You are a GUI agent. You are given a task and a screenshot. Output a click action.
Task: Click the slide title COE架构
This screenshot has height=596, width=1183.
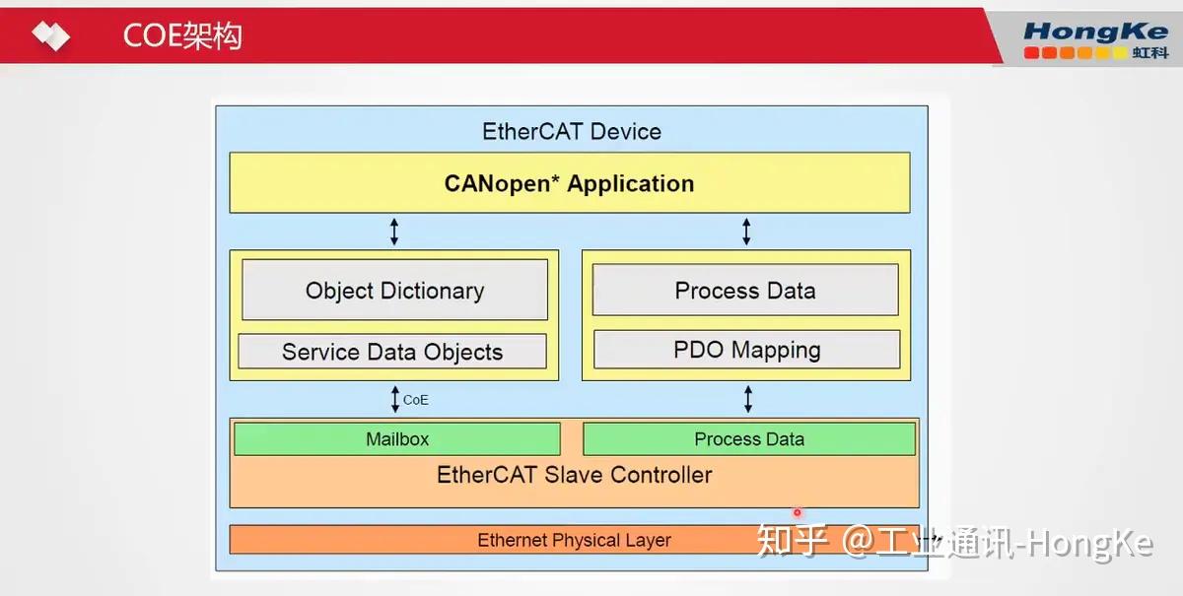pyautogui.click(x=182, y=35)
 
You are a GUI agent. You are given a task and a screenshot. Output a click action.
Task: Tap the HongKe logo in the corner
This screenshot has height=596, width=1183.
pyautogui.click(x=1095, y=39)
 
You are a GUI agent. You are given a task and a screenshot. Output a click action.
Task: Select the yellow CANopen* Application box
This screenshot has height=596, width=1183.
pyautogui.click(x=569, y=183)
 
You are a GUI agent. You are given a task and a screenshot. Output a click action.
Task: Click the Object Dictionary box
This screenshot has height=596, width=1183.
pyautogui.click(x=394, y=291)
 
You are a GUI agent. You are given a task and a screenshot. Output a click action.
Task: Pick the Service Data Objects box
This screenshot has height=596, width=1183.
pyautogui.click(x=392, y=352)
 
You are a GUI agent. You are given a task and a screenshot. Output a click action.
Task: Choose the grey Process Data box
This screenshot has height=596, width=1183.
pyautogui.click(x=745, y=291)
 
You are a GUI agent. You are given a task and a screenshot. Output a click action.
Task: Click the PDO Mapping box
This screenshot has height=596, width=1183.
pyautogui.click(x=746, y=350)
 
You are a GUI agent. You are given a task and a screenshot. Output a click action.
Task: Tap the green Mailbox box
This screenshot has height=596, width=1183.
pyautogui.click(x=397, y=439)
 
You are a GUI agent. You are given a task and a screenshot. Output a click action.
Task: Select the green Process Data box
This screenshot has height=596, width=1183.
pyautogui.click(x=749, y=439)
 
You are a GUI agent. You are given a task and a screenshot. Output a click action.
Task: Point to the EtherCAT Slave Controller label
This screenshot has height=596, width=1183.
pyautogui.click(x=574, y=475)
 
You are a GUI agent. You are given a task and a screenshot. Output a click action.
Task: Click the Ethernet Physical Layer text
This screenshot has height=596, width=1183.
pyautogui.click(x=574, y=540)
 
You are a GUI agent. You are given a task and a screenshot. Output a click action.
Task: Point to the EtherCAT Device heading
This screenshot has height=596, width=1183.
pyautogui.click(x=572, y=132)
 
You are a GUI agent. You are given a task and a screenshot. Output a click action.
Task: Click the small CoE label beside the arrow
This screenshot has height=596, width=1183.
pyautogui.click(x=416, y=400)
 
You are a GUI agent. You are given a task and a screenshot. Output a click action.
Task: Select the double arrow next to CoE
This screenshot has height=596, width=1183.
pyautogui.click(x=395, y=399)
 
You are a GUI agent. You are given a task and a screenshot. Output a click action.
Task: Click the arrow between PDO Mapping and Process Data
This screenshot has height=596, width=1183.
pyautogui.click(x=747, y=399)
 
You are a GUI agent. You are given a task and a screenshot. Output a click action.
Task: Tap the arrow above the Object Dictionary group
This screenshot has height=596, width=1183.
pyautogui.click(x=394, y=232)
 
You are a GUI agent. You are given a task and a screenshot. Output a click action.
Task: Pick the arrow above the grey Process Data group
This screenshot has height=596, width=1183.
pyautogui.click(x=746, y=232)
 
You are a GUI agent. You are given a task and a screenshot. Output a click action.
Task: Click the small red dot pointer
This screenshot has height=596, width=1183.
pyautogui.click(x=797, y=512)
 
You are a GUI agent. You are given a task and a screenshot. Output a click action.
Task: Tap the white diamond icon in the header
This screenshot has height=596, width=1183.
pyautogui.click(x=50, y=35)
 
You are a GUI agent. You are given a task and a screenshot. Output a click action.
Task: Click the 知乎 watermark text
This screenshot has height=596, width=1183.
pyautogui.click(x=789, y=542)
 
